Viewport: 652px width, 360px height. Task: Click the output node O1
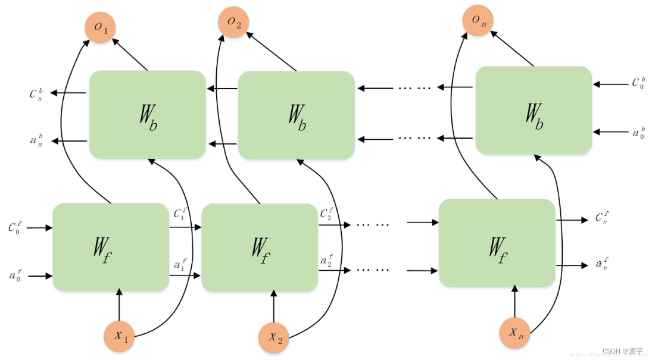point(101,27)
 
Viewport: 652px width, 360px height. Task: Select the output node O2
point(233,23)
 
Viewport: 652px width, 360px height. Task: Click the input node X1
point(120,336)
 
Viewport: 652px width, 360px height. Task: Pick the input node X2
point(274,337)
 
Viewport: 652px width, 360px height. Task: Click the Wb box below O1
point(148,114)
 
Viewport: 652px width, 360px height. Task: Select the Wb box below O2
point(296,114)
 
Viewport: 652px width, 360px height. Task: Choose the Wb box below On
point(534,110)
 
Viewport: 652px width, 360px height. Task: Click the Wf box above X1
point(111,247)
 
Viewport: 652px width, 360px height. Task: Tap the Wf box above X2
point(259,248)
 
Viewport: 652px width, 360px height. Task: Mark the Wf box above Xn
point(497,243)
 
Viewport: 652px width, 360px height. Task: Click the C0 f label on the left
point(14,227)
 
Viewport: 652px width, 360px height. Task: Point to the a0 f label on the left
point(15,275)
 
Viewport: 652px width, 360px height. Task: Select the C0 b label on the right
point(638,83)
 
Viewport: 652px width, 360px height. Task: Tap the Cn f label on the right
point(602,217)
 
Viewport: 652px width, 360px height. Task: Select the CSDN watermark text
point(622,351)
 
